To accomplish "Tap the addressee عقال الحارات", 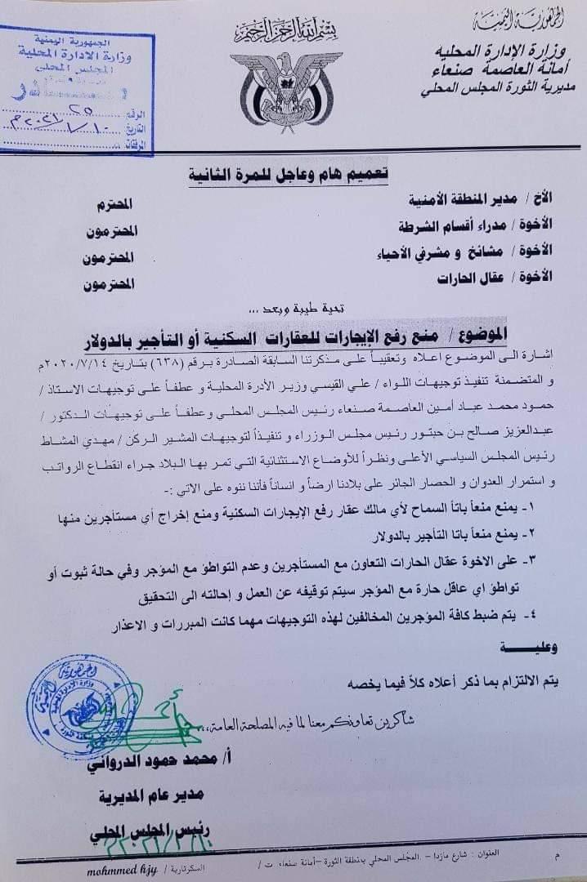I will click(508, 278).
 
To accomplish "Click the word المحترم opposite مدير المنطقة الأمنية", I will click(115, 201).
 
